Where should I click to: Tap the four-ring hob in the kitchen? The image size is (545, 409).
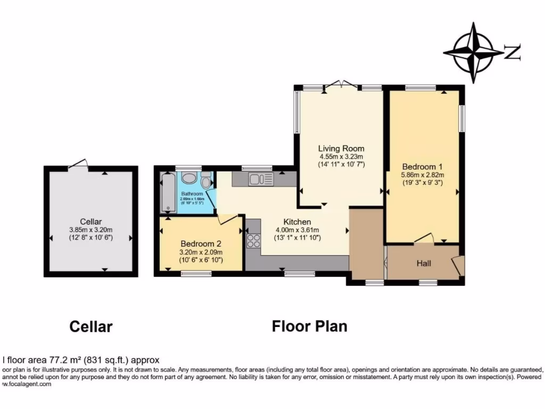(253, 241)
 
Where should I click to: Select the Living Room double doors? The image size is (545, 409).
(342, 84)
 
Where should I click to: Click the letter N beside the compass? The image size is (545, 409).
(512, 52)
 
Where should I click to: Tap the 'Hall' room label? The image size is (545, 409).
(424, 264)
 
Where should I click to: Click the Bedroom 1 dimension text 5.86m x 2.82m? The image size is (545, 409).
(423, 174)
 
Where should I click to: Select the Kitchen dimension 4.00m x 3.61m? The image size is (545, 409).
(297, 230)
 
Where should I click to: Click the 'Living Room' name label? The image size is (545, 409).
(341, 148)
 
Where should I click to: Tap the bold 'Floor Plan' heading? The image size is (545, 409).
(309, 326)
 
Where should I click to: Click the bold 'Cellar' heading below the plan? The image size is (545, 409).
(91, 326)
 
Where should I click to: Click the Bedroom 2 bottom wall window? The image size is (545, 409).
(196, 274)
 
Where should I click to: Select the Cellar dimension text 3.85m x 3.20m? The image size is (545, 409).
(90, 230)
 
